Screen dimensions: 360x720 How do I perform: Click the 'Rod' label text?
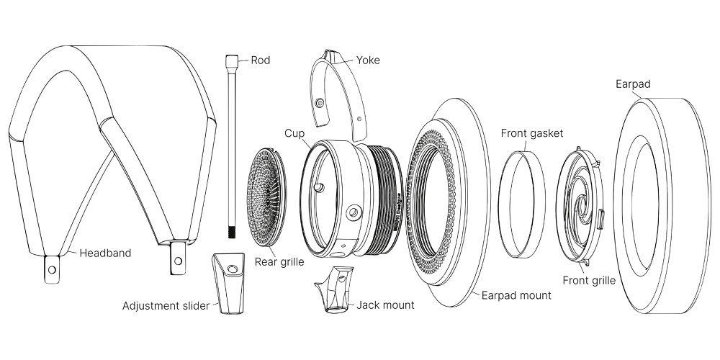point(260,60)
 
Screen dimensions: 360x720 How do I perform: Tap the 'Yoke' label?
point(368,60)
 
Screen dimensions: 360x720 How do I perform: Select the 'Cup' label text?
point(294,134)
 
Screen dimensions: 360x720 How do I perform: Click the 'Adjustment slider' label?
point(166,306)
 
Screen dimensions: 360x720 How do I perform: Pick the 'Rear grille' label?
point(279,262)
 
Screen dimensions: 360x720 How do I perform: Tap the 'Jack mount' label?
point(385,305)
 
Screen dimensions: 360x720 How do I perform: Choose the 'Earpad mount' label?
point(518,295)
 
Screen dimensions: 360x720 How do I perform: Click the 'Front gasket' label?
point(532,133)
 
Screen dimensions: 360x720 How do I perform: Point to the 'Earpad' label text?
point(633,84)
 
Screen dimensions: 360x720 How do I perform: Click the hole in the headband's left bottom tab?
point(51,271)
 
